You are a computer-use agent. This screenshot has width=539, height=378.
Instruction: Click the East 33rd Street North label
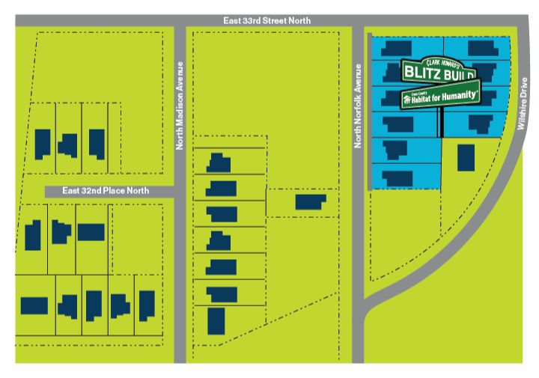point(267,20)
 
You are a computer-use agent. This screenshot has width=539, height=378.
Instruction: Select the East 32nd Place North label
point(106,191)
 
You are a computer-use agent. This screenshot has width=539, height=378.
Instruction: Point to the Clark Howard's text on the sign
point(443,61)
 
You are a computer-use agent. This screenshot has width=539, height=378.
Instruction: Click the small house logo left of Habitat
point(407,97)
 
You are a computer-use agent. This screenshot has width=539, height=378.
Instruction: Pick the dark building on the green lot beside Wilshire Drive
point(466,158)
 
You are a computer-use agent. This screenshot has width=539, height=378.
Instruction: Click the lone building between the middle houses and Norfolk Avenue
point(311,201)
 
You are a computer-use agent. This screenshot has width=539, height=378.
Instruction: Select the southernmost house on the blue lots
point(397,178)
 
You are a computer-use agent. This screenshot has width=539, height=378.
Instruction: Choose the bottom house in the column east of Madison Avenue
point(216,320)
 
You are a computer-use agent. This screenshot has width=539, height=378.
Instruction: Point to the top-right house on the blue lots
point(479,49)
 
